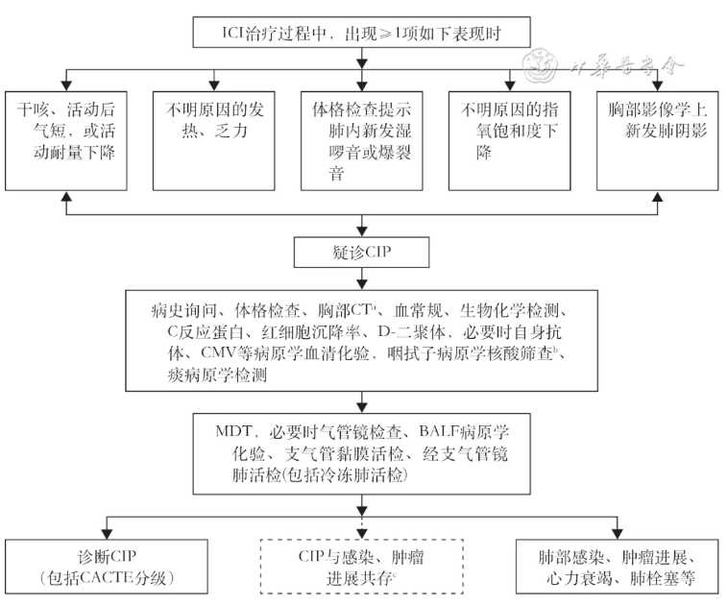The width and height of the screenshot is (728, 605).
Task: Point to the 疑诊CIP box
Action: tap(361, 253)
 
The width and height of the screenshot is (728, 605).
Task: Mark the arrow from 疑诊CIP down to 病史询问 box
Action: tap(361, 278)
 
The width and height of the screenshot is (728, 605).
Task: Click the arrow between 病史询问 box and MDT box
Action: tap(361, 402)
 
